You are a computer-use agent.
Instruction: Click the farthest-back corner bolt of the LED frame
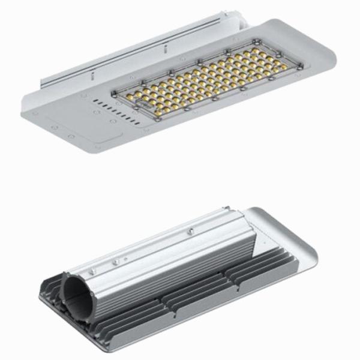(x=257, y=40)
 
